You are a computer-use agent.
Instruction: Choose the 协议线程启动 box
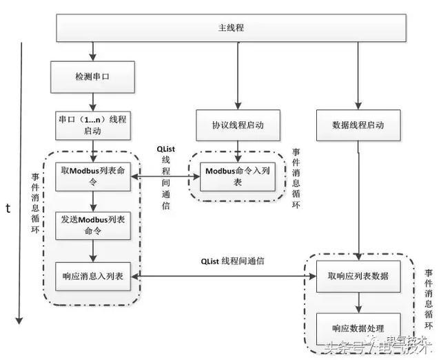[238, 125]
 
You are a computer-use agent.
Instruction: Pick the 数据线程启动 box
[358, 125]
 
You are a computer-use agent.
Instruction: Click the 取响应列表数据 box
[358, 275]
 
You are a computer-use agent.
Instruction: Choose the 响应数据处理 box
[358, 326]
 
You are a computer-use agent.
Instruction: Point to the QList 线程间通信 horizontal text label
[232, 262]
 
